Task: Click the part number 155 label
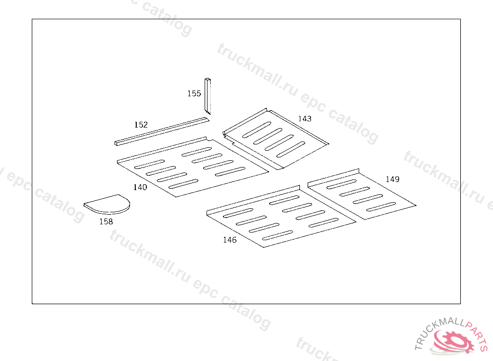point(194,93)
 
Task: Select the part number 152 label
point(141,125)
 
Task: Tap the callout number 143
point(304,118)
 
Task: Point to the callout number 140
point(140,187)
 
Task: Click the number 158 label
point(106,221)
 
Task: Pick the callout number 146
point(230,240)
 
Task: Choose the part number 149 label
point(392,179)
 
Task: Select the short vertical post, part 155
point(208,96)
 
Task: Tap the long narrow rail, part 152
point(161,130)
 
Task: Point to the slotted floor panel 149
point(361,195)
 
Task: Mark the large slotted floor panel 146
point(279,217)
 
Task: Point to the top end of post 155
point(208,79)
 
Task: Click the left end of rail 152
point(117,142)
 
